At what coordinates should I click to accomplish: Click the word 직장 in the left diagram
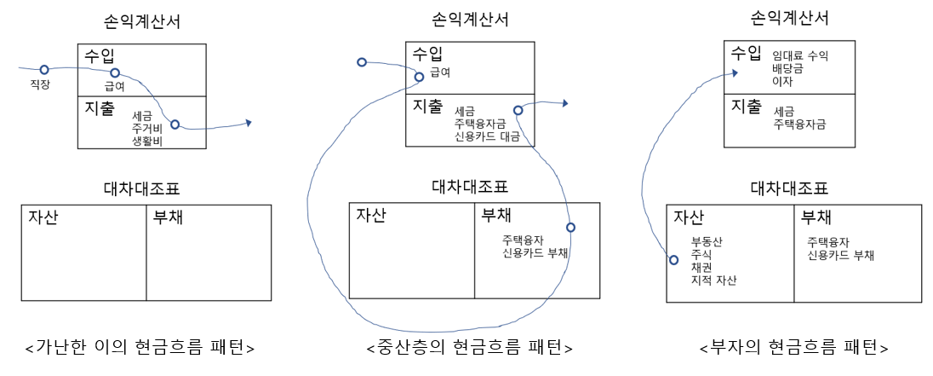pyautogui.click(x=40, y=84)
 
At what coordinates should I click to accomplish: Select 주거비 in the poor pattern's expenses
pyautogui.click(x=147, y=128)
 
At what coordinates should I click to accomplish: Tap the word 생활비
pyautogui.click(x=147, y=142)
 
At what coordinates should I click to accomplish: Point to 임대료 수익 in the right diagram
pyautogui.click(x=800, y=56)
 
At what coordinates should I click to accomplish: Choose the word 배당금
pyautogui.click(x=787, y=69)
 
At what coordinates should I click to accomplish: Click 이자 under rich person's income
pyautogui.click(x=781, y=82)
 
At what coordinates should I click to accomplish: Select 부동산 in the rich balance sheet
pyautogui.click(x=707, y=241)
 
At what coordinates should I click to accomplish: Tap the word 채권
pyautogui.click(x=701, y=267)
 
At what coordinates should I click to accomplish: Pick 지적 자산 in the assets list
pyautogui.click(x=714, y=281)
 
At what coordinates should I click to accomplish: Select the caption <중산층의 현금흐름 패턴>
pyautogui.click(x=469, y=348)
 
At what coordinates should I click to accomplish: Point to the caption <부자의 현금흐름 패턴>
pyautogui.click(x=793, y=348)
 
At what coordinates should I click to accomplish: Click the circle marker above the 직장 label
pyautogui.click(x=44, y=69)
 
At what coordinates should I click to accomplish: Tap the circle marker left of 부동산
pyautogui.click(x=674, y=259)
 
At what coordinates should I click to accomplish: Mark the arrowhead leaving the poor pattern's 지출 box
pyautogui.click(x=248, y=123)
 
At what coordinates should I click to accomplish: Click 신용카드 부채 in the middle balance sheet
pyautogui.click(x=535, y=253)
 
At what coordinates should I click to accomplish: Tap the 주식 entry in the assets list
pyautogui.click(x=701, y=254)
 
